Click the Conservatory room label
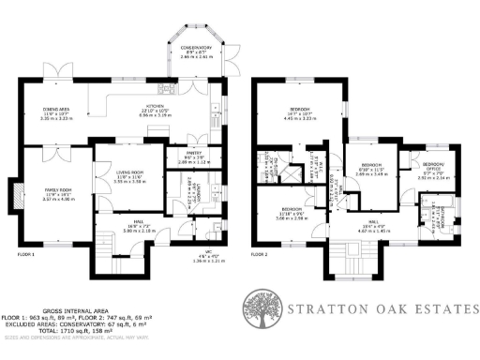point(196,50)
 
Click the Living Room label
point(125,176)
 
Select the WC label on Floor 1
point(210,258)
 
